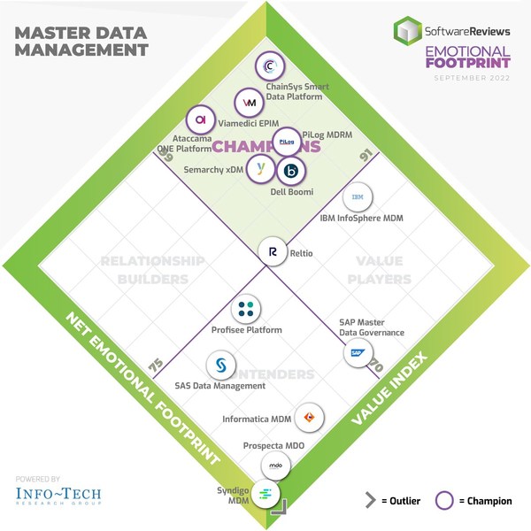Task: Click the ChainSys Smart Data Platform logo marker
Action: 269,67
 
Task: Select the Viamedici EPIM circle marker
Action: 249,103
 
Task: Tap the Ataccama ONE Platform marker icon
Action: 201,119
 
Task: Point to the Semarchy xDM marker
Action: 260,166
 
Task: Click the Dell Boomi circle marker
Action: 291,171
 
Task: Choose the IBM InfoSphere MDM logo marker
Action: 358,196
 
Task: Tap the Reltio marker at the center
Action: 273,252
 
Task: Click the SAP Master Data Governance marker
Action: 358,352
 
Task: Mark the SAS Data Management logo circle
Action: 221,365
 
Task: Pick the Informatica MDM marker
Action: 309,415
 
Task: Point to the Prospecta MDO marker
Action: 276,466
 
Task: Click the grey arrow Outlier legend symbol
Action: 371,501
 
